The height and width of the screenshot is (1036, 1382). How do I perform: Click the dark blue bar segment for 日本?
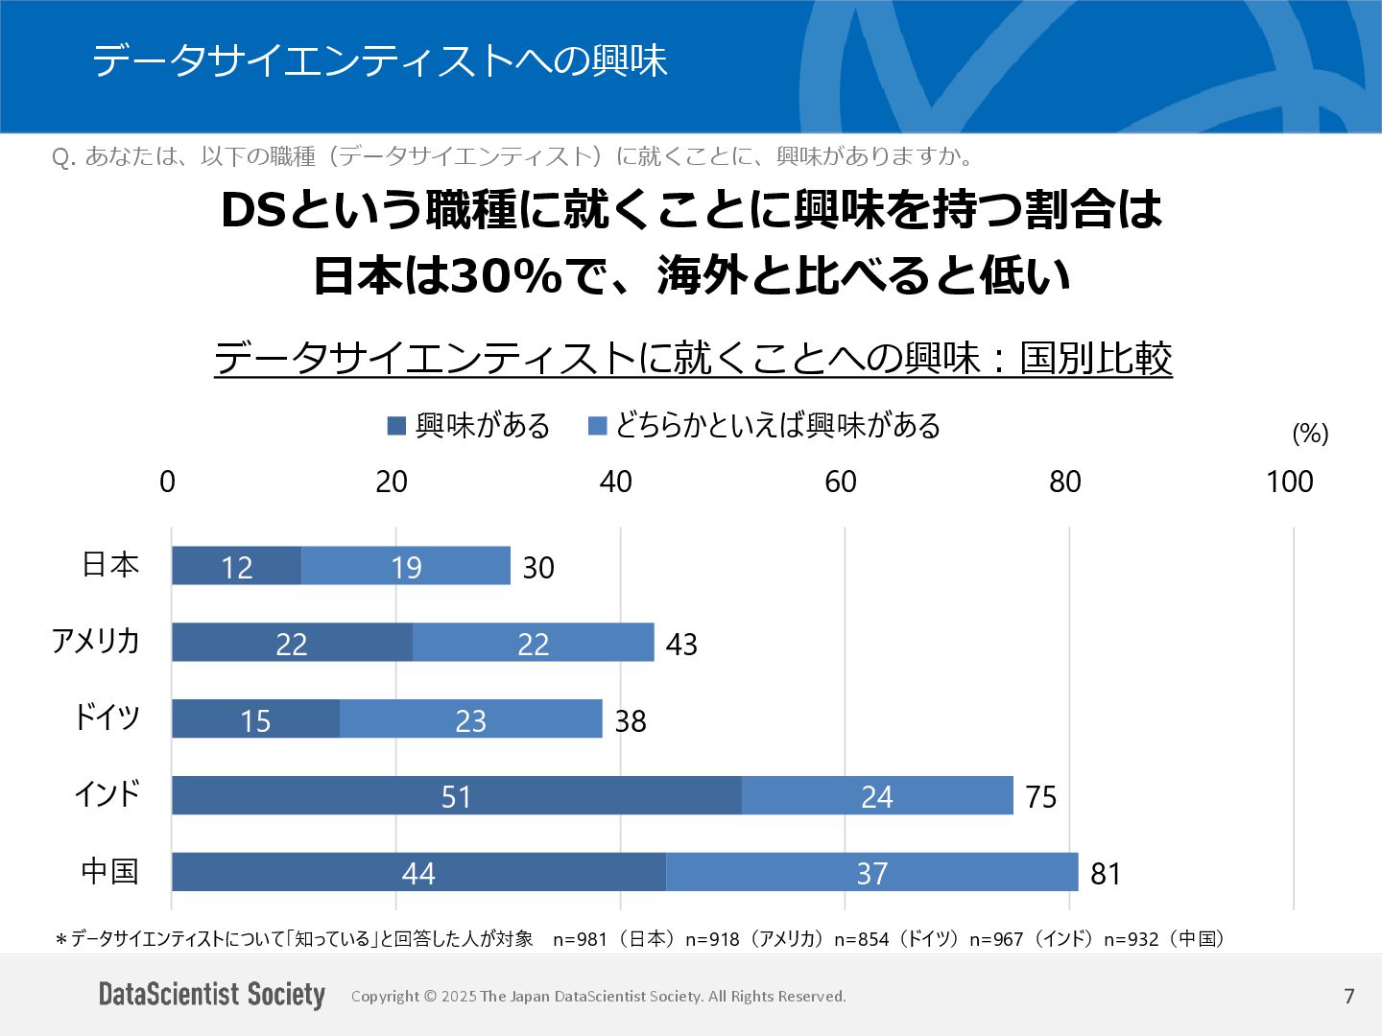[236, 566]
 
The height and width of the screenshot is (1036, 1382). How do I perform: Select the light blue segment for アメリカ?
[534, 643]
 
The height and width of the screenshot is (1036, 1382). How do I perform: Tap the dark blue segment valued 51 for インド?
[456, 796]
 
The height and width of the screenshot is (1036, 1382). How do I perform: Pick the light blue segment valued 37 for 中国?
[871, 872]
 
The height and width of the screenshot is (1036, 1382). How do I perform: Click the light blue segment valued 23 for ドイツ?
[470, 719]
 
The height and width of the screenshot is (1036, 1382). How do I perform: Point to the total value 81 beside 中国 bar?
[1106, 873]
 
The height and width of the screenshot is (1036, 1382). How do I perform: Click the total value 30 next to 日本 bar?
[538, 567]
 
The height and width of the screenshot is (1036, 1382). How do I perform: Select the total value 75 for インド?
[1040, 796]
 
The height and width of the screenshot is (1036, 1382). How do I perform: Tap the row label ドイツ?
[107, 718]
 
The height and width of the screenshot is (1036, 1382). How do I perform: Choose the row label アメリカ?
[96, 641]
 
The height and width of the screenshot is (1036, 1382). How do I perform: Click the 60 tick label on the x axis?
[841, 482]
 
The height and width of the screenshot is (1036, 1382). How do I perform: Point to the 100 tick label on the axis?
[1289, 482]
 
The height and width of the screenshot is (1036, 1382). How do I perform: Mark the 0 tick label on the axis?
[168, 482]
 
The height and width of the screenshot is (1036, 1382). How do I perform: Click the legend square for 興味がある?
[396, 426]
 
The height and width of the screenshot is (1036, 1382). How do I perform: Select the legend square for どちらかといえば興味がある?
[597, 426]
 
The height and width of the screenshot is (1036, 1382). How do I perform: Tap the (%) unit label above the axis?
[1310, 434]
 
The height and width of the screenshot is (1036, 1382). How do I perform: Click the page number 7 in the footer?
[1349, 996]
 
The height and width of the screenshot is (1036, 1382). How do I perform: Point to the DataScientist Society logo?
[212, 995]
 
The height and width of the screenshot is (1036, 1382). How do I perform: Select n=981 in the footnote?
[580, 939]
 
